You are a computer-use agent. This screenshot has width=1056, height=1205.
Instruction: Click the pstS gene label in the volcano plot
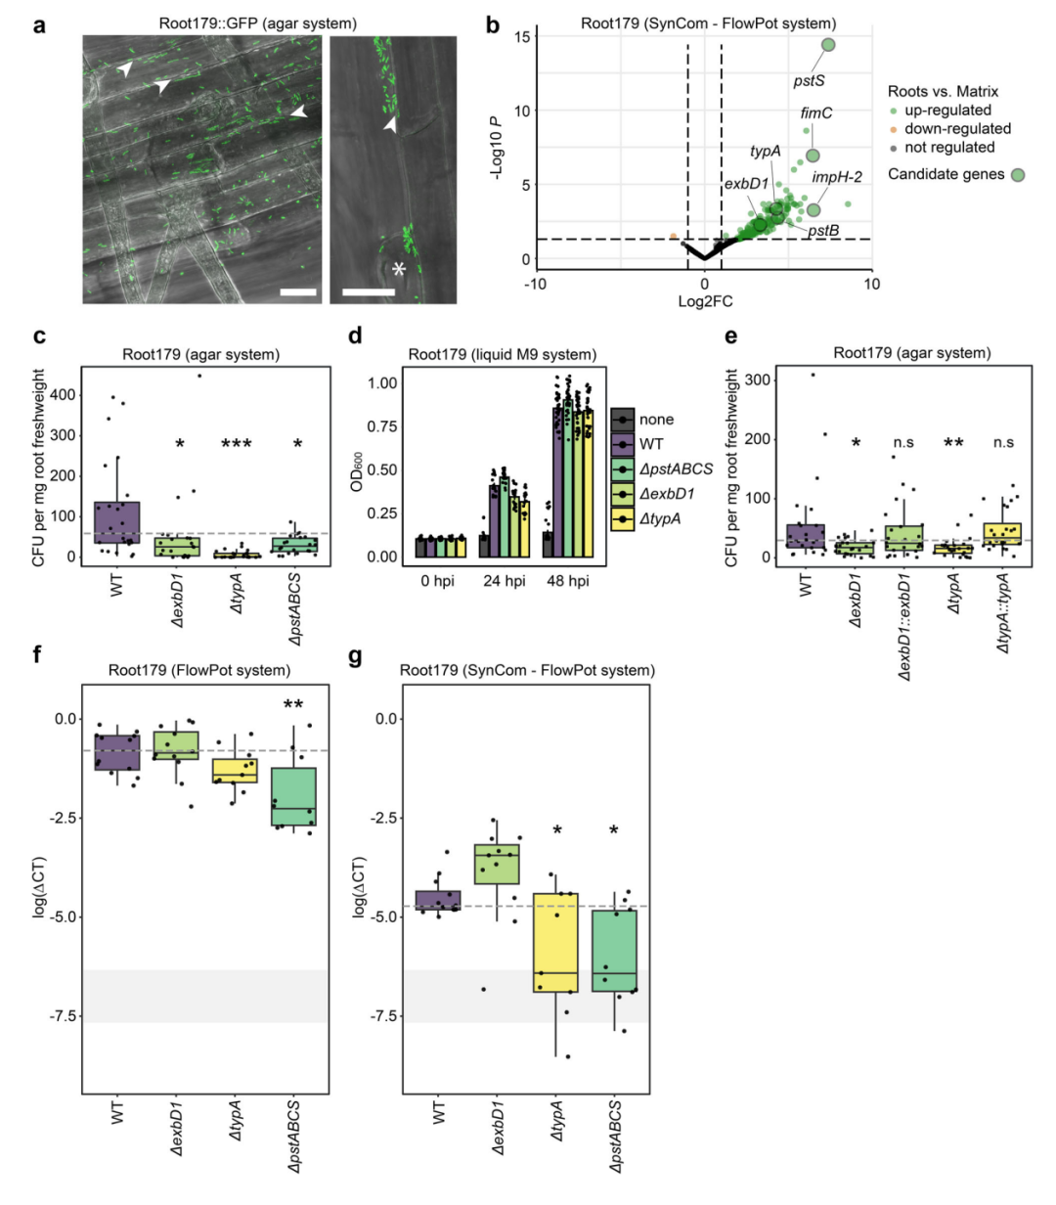pyautogui.click(x=809, y=81)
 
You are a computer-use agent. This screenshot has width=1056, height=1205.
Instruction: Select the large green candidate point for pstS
pyautogui.click(x=827, y=45)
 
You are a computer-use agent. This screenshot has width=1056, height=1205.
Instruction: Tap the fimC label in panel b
pyautogui.click(x=815, y=112)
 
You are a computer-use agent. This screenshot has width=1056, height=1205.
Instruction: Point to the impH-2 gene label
pyautogui.click(x=837, y=177)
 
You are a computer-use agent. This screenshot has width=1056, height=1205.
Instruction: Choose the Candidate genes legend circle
pyautogui.click(x=1018, y=175)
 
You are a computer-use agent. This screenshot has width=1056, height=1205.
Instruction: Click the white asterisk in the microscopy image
pyautogui.click(x=399, y=269)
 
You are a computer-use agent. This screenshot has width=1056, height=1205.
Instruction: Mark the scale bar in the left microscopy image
pyautogui.click(x=298, y=292)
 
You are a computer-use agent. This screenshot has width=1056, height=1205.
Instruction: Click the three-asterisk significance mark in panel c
pyautogui.click(x=236, y=444)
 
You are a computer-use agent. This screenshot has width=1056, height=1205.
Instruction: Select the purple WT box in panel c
pyautogui.click(x=117, y=522)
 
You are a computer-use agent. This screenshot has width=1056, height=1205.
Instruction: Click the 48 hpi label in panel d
pyautogui.click(x=568, y=581)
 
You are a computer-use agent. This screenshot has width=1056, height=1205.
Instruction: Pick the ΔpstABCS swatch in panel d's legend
pyautogui.click(x=623, y=469)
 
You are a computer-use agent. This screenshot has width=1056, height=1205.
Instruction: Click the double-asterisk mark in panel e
pyautogui.click(x=953, y=442)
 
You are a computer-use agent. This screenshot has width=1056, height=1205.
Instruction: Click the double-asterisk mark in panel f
pyautogui.click(x=293, y=704)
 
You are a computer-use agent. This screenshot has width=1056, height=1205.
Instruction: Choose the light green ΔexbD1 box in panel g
pyautogui.click(x=497, y=865)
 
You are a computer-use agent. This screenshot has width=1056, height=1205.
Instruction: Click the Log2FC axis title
pyautogui.click(x=705, y=301)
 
